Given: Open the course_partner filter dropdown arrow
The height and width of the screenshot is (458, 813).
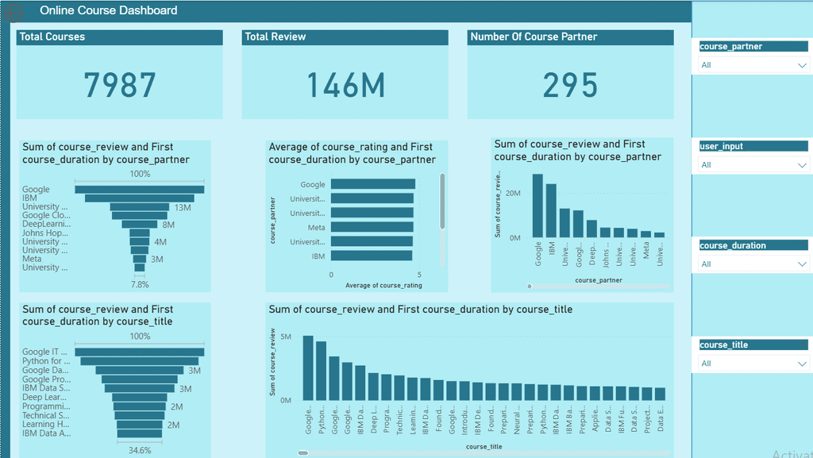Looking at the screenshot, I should pyautogui.click(x=802, y=66).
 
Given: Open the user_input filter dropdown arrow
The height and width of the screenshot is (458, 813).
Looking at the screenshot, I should pyautogui.click(x=802, y=165).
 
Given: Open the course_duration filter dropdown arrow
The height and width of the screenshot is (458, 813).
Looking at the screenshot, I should pyautogui.click(x=802, y=264).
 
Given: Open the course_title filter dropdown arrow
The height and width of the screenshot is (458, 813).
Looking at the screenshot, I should pyautogui.click(x=802, y=364).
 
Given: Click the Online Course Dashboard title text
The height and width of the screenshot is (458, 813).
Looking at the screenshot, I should pyautogui.click(x=109, y=11).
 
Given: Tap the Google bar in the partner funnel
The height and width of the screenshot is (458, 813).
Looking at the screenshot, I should pyautogui.click(x=139, y=189).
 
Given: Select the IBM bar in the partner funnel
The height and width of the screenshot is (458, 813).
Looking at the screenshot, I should pyautogui.click(x=139, y=198).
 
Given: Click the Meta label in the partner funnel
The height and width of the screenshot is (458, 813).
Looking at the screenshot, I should pyautogui.click(x=32, y=259).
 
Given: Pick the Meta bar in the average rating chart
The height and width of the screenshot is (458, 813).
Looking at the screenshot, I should pyautogui.click(x=372, y=227).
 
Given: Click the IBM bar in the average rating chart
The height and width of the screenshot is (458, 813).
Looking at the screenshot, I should pyautogui.click(x=372, y=256).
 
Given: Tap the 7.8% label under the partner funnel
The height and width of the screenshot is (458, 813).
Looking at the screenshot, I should pyautogui.click(x=140, y=284).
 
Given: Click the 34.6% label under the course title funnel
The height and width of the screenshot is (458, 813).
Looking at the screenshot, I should pyautogui.click(x=140, y=449).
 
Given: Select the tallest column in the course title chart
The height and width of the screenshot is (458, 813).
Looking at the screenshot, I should pyautogui.click(x=308, y=368).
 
